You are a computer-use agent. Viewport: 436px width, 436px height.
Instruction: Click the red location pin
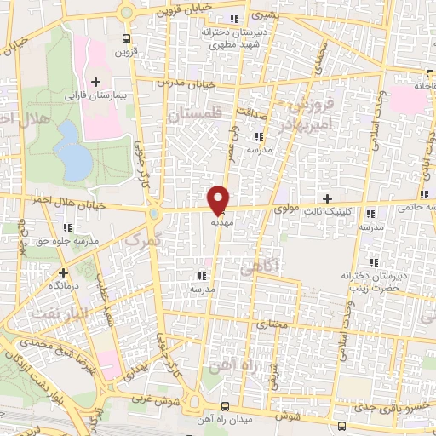pos(218,199)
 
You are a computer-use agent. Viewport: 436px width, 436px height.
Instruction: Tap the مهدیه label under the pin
pos(221,218)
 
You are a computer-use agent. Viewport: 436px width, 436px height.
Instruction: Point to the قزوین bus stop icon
pos(127,38)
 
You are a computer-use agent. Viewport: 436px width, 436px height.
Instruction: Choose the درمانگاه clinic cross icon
pos(62,274)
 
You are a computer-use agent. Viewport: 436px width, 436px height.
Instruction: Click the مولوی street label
pos(287,207)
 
